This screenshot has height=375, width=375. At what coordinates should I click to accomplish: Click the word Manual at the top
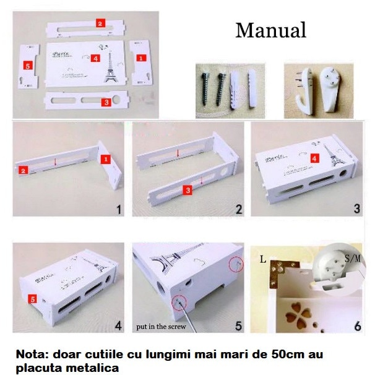(x=270, y=29)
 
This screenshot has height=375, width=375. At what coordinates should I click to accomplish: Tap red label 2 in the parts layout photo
(x=100, y=23)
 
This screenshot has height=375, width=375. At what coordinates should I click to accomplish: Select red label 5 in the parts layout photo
(x=28, y=64)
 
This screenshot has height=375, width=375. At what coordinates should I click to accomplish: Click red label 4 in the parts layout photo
(x=95, y=58)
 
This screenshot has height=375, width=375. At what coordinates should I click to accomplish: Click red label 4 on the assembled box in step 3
(x=314, y=158)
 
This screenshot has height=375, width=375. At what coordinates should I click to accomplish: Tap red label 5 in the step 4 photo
(x=32, y=298)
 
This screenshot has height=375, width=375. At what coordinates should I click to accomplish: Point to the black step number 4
(x=118, y=324)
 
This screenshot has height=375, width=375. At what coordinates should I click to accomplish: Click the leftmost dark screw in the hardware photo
(x=206, y=90)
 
